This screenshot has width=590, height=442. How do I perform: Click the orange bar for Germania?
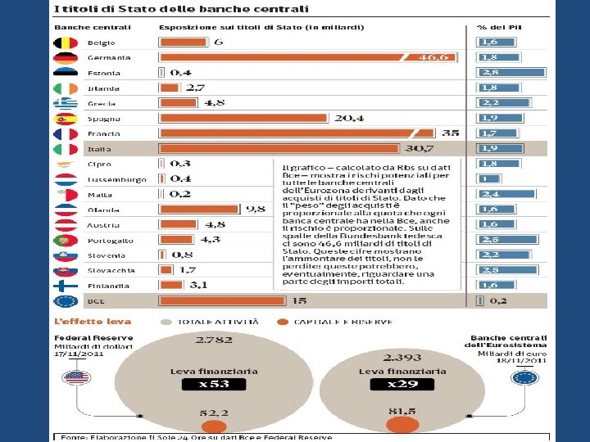coord(287,57)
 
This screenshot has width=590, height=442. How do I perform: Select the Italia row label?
coord(99,149)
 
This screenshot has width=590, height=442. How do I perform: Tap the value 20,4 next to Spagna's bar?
coord(348,118)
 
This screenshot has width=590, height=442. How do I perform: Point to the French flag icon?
coord(66,133)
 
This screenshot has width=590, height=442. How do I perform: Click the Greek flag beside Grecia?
coord(66,103)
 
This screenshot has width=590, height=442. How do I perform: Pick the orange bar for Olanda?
coord(225,209)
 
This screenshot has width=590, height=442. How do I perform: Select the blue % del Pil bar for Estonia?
coord(512,73)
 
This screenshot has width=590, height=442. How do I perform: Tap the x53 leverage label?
coord(213,384)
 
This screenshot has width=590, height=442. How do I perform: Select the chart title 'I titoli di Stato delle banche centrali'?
coord(181,9)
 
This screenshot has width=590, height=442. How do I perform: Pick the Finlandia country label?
coord(107,286)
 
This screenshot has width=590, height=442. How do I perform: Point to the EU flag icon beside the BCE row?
coord(66,300)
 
